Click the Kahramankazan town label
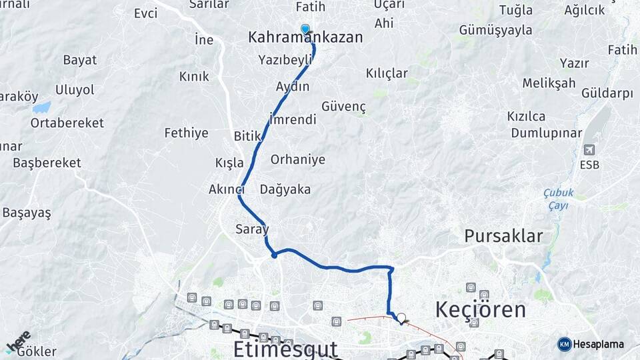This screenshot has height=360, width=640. click(x=305, y=37)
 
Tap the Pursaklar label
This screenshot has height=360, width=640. click(x=503, y=235)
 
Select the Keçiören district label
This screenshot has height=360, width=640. click(x=480, y=309)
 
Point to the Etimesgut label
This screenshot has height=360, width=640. click(x=285, y=349)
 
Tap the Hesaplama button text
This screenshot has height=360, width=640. click(x=599, y=345)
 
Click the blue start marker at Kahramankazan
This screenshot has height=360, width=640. click(x=305, y=29)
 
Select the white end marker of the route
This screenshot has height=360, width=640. click(x=401, y=319)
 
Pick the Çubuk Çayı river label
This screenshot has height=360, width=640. click(x=555, y=199)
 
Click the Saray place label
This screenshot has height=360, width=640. click(x=252, y=229)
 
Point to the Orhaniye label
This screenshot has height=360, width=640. click(x=298, y=159)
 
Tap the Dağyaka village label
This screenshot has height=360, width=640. click(x=285, y=189)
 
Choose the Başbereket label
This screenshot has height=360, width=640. click(x=47, y=163)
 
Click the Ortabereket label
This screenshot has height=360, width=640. click(x=67, y=123)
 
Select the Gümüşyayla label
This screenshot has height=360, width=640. click(x=496, y=30)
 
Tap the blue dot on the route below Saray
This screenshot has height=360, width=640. click(x=274, y=255)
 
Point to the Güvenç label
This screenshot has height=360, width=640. click(x=344, y=107)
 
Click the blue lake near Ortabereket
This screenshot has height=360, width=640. click(x=41, y=107)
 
